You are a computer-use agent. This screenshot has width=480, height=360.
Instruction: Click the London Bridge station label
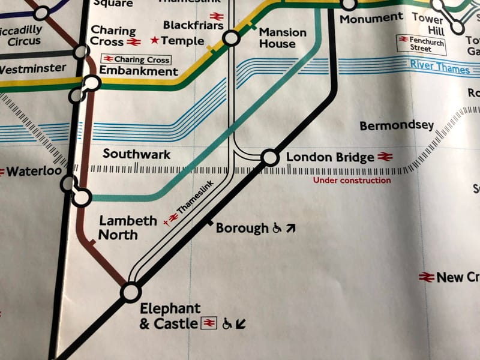[329, 158]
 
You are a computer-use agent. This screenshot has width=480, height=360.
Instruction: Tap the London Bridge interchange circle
[270, 158]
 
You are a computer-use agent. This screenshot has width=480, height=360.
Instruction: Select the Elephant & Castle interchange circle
[130, 293]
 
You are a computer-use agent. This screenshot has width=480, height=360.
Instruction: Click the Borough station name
[242, 228]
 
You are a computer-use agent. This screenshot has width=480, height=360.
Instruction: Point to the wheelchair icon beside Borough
[277, 228]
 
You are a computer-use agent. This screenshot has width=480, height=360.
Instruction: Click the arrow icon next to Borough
[291, 228]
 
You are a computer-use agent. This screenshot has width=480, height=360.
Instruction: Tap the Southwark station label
[136, 154]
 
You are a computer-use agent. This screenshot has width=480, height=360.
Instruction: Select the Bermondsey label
[396, 126]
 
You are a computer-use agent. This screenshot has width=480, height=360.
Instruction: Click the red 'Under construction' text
[352, 180]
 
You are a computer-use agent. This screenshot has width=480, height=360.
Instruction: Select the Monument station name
[371, 19]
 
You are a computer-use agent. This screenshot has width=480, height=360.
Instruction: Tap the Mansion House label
[282, 38]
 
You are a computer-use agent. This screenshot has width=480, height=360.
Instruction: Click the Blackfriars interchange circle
[230, 40]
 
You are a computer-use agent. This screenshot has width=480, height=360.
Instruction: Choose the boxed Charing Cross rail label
[136, 59]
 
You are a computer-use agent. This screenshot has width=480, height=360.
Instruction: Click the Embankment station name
[138, 71]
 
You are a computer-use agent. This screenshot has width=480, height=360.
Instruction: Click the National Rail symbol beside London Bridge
[385, 157]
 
